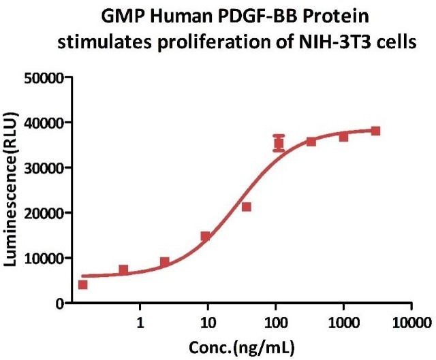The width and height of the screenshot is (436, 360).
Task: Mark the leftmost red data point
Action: (83, 284)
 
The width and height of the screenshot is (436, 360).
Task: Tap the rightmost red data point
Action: (375, 131)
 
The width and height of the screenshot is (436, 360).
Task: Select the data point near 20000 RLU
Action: (247, 206)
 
